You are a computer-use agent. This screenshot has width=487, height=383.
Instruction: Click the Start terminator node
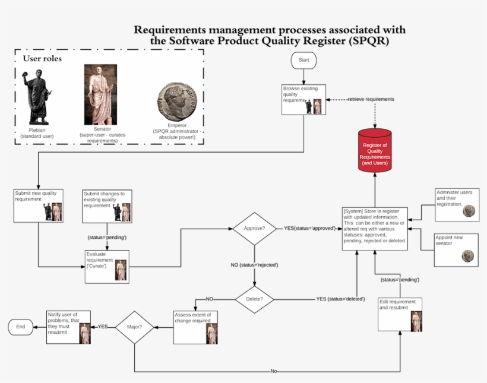click(303, 60)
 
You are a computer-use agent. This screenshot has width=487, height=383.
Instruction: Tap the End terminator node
click(21, 327)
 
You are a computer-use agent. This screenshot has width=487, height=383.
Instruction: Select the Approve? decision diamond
click(254, 228)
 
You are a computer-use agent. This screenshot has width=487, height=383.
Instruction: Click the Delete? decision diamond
click(254, 299)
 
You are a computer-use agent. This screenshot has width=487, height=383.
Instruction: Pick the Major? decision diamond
click(134, 327)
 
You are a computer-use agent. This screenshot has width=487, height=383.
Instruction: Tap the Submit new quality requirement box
click(39, 205)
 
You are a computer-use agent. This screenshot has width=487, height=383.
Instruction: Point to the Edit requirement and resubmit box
click(400, 314)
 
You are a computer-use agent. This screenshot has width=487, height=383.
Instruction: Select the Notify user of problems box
click(69, 327)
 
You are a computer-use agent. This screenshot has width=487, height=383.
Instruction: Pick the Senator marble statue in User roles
click(101, 94)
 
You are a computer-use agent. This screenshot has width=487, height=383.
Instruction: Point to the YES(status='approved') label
click(309, 228)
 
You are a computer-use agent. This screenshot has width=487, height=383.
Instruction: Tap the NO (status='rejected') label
click(254, 265)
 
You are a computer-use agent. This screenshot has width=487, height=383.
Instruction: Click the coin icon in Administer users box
click(469, 210)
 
